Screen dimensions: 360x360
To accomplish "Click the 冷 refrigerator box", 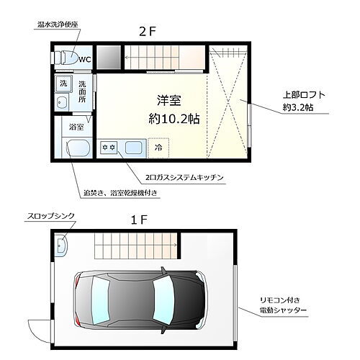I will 159,148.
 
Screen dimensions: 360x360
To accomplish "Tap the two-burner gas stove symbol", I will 109,148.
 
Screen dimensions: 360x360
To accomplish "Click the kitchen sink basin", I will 135,148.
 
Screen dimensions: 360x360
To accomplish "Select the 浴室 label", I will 75,127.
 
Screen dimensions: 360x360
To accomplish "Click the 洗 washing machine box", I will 63,84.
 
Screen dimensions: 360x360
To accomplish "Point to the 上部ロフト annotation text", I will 302,95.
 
